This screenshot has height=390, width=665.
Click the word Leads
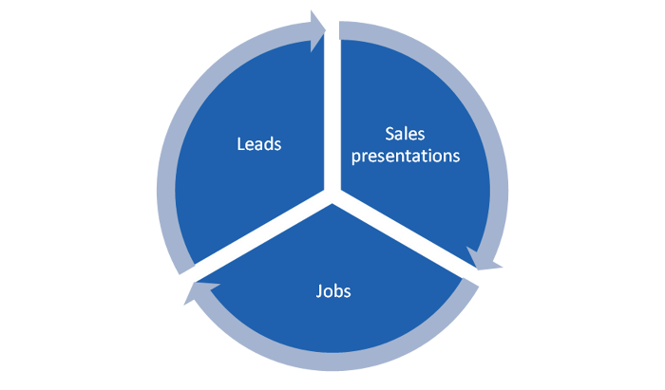point(259,145)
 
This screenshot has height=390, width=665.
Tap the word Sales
point(406,134)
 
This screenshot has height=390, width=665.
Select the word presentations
point(406,155)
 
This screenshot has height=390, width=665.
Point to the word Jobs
point(332,290)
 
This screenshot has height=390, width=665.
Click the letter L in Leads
point(240,145)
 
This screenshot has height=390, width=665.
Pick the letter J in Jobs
point(319,290)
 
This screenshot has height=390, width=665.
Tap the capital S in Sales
point(390,134)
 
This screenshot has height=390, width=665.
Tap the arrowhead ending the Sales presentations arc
point(487,259)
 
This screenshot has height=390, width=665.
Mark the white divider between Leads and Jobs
point(261,241)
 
